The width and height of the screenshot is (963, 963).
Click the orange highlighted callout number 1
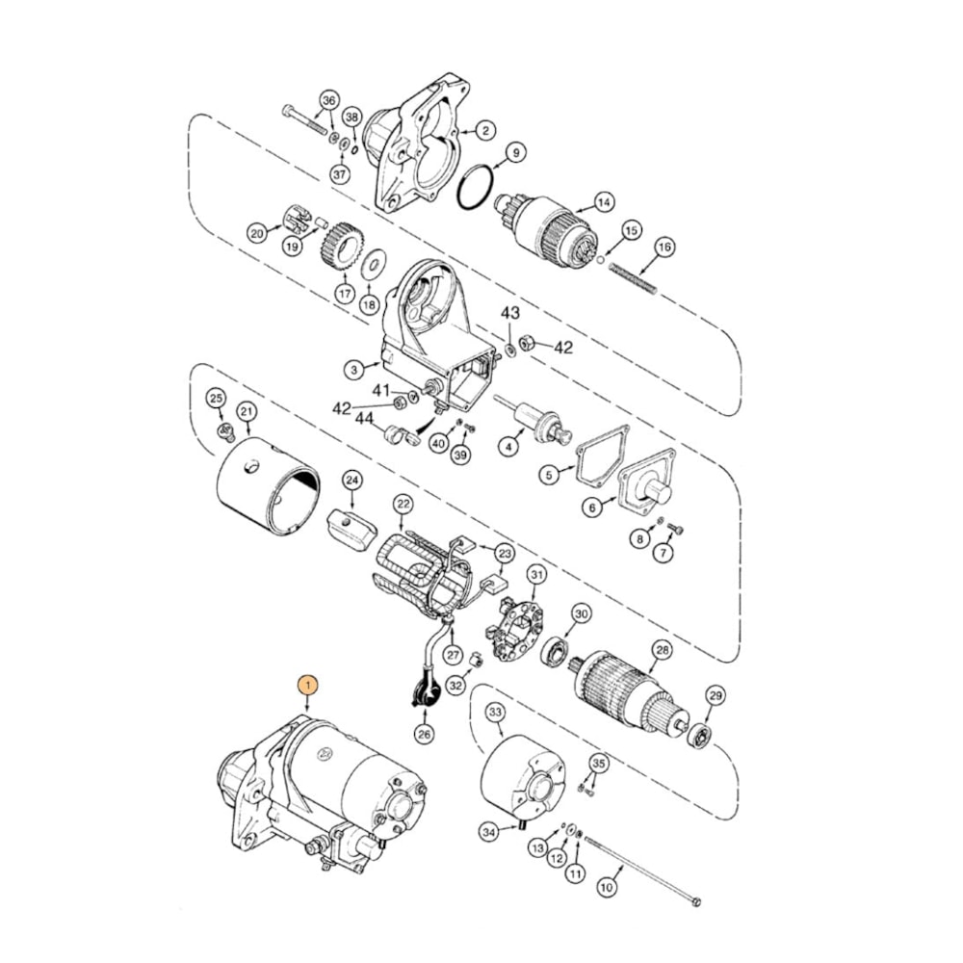307,685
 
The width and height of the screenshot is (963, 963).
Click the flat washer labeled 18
374,261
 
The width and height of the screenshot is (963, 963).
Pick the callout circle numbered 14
604,203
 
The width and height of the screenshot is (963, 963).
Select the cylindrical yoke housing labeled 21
266,486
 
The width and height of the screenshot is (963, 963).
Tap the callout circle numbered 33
495,713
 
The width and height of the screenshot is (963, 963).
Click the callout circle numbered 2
485,129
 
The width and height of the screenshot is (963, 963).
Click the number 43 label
509,313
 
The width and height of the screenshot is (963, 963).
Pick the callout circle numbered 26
425,734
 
